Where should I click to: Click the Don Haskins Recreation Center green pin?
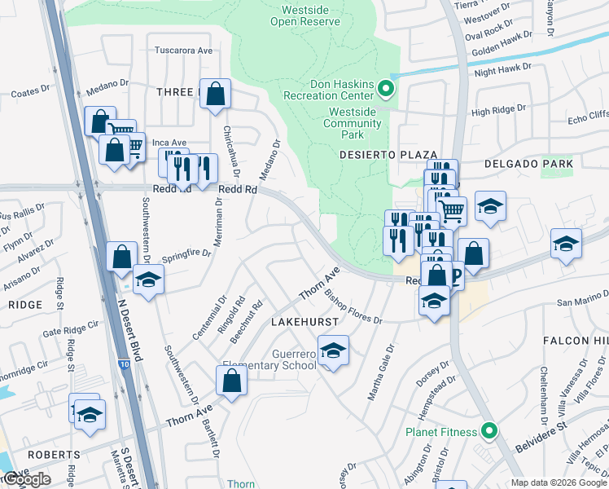(x=388, y=90)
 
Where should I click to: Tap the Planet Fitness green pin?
(x=489, y=431)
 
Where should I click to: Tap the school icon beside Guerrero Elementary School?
(x=332, y=351)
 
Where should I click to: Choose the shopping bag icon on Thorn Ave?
(x=232, y=380)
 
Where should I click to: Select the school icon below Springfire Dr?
(x=147, y=280)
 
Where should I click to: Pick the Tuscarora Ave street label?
(x=184, y=51)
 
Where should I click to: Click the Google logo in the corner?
(x=28, y=479)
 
